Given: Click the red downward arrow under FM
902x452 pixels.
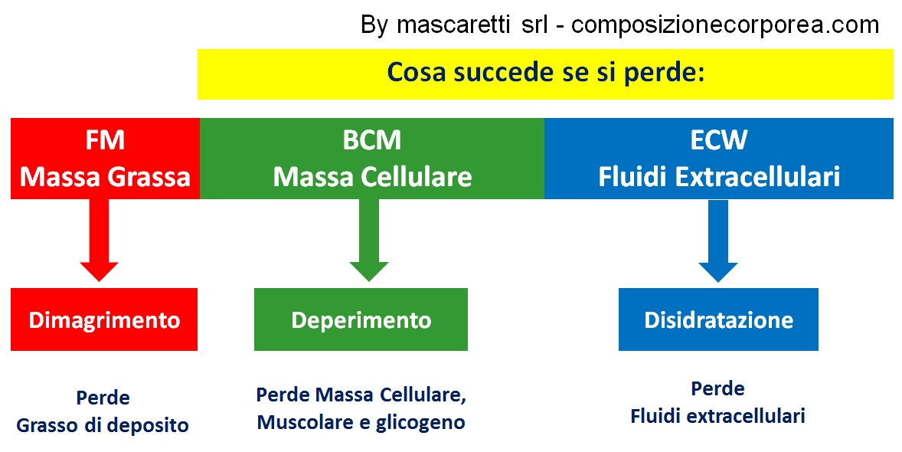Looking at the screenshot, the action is pos(100,240).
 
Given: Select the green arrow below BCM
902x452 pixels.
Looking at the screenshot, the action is pos(369,240).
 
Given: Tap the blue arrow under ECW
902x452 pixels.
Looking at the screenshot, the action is pos(718,240).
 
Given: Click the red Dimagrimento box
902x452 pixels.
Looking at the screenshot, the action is pos(104,319).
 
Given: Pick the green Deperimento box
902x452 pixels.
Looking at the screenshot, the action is pos(361,319).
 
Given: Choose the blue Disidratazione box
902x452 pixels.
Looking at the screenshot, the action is pos(718,319).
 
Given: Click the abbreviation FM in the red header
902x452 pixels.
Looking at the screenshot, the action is pos(105,140).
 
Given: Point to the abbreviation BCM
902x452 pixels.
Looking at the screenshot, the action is pos(371,140).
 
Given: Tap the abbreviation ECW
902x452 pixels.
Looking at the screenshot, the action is pos(719,140).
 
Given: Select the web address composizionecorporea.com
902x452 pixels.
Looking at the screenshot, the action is pos(725,25).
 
